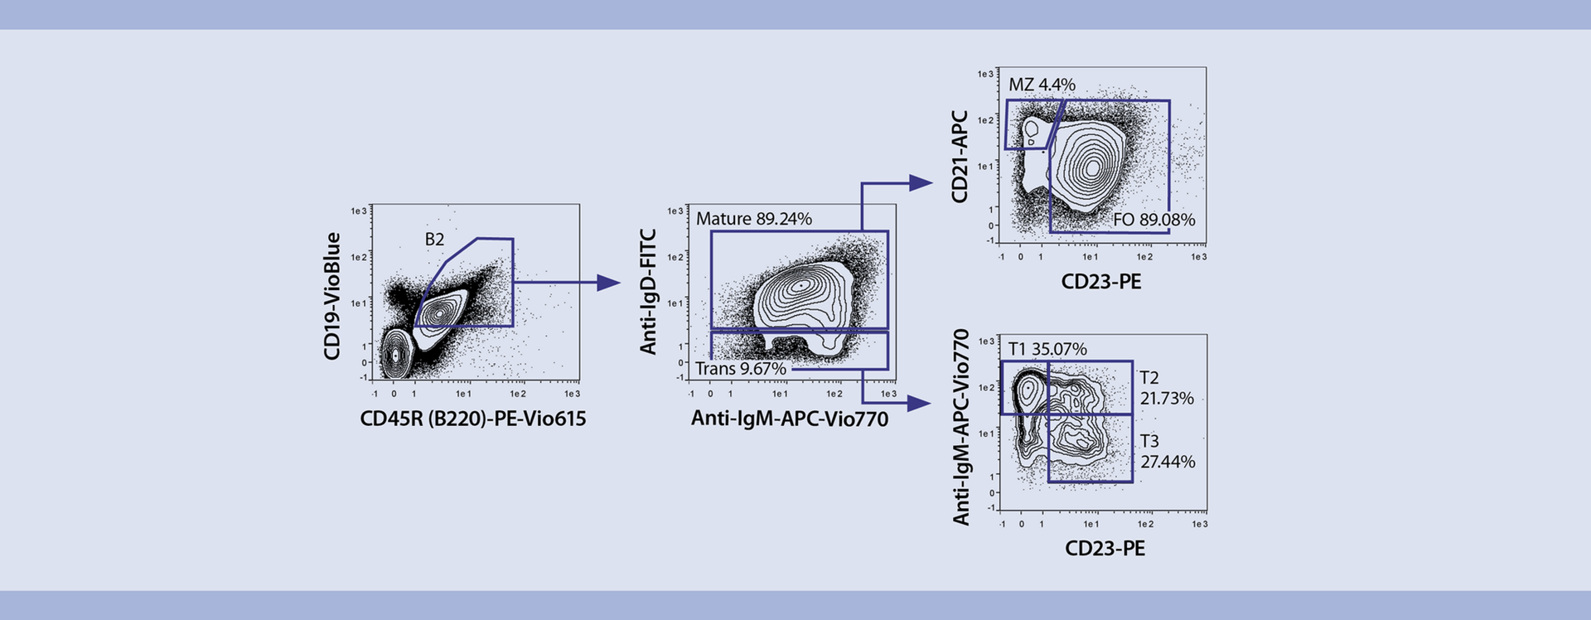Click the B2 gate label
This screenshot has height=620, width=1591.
pos(434,240)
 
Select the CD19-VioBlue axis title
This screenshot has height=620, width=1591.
pos(332,296)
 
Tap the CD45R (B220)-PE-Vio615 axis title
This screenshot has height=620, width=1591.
pos(472,419)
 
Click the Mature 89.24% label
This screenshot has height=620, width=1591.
pos(753,219)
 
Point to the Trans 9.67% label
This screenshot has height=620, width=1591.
pos(740,369)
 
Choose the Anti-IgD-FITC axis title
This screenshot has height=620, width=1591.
pos(649,292)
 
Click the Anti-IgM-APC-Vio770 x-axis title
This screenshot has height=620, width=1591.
pos(789,419)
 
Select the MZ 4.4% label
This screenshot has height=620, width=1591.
pos(1042,85)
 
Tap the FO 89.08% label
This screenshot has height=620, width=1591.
pos(1153,220)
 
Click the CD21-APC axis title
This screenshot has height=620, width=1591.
pos(960,157)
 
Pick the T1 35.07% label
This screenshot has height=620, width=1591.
pos(1047,349)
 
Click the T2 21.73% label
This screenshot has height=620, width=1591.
pos(1166,388)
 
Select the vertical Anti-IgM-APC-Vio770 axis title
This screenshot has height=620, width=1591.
pos(961,427)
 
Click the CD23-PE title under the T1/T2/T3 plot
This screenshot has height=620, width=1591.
pos(1105,548)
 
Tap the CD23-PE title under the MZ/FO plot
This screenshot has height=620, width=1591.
pos(1100,282)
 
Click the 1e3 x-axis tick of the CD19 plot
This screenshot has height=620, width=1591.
pos(572,394)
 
